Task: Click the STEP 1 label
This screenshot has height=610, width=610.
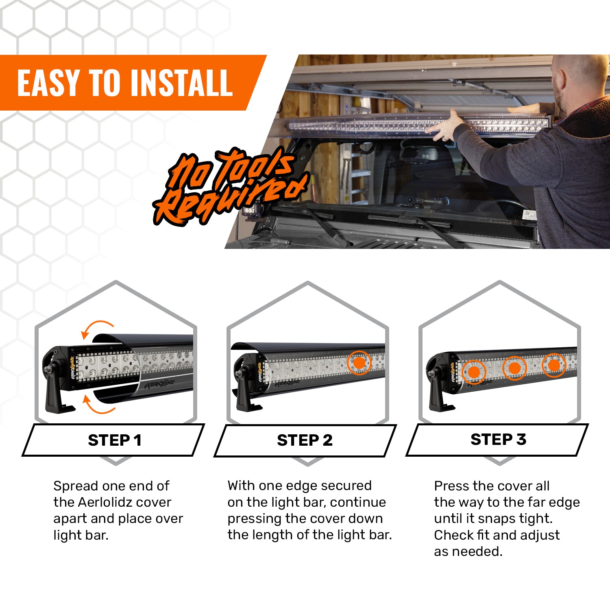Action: click(115, 440)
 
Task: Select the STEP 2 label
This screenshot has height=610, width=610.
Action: click(305, 440)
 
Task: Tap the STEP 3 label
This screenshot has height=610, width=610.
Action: click(498, 439)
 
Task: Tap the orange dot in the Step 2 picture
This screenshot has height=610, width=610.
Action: click(359, 363)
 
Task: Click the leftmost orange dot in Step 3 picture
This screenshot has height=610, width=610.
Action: click(474, 372)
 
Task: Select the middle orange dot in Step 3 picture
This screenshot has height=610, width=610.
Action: click(514, 368)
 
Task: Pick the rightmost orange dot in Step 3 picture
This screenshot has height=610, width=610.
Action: click(554, 365)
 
